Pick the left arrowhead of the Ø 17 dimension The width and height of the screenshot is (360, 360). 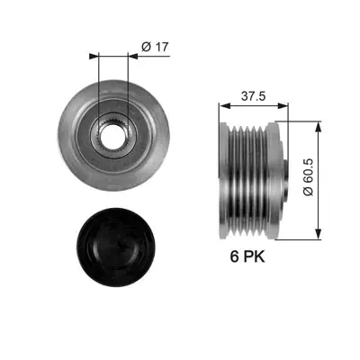coord(94,55)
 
